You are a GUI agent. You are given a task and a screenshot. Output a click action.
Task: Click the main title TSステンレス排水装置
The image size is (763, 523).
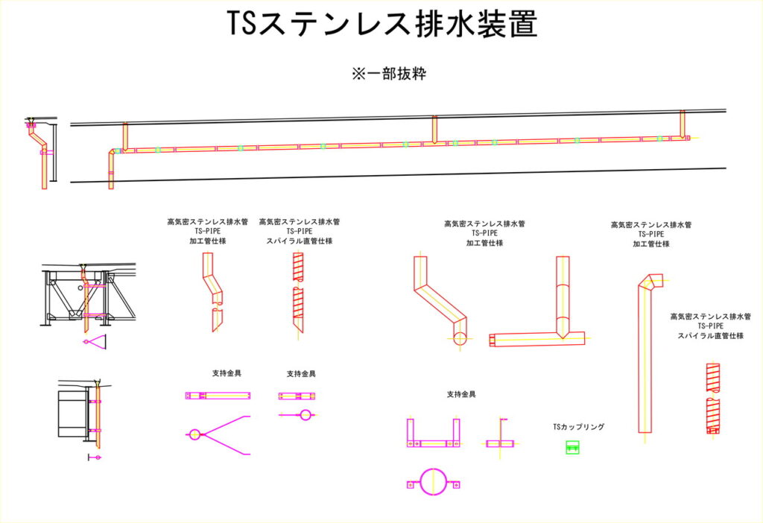click(381, 25)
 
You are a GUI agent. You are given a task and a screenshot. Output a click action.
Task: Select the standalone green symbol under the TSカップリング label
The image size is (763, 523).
click(572, 447)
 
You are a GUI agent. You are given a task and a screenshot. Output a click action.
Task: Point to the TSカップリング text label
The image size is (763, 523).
click(578, 428)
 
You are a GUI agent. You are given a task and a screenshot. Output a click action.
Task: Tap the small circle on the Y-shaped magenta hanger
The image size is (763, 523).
click(194, 434)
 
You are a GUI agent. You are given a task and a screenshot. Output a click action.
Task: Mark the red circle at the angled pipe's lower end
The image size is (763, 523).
click(460, 339)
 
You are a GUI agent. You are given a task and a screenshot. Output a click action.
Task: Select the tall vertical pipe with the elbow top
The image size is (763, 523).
click(645, 358)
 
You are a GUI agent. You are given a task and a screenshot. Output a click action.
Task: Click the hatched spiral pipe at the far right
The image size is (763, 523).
click(713, 399)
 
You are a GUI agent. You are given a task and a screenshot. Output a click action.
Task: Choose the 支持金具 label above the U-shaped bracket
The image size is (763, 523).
click(461, 394)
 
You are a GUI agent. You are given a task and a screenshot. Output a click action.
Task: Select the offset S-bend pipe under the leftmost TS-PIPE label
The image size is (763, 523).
click(212, 291)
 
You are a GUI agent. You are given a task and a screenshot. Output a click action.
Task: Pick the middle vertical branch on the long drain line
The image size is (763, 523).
click(434, 129)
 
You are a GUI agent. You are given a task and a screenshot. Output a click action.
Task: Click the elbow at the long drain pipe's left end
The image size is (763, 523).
click(113, 153)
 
